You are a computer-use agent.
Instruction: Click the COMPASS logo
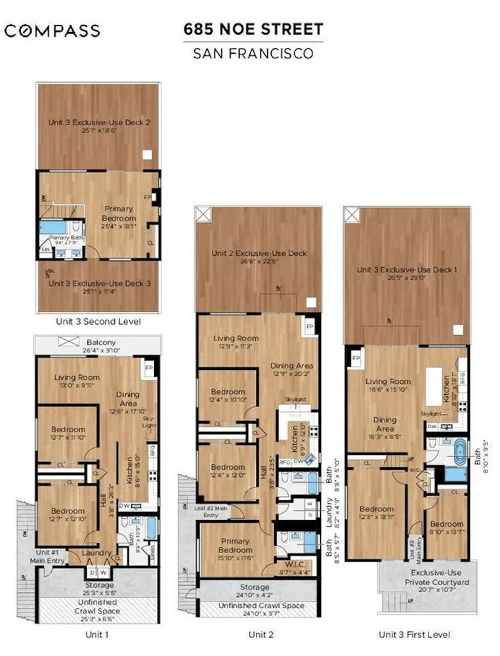pyautogui.click(x=52, y=30)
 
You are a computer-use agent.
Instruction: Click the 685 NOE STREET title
pyautogui.click(x=253, y=29)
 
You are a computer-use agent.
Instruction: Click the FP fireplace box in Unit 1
pyautogui.click(x=149, y=367)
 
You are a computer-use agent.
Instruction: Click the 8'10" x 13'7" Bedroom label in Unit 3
pyautogui.click(x=446, y=529)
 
